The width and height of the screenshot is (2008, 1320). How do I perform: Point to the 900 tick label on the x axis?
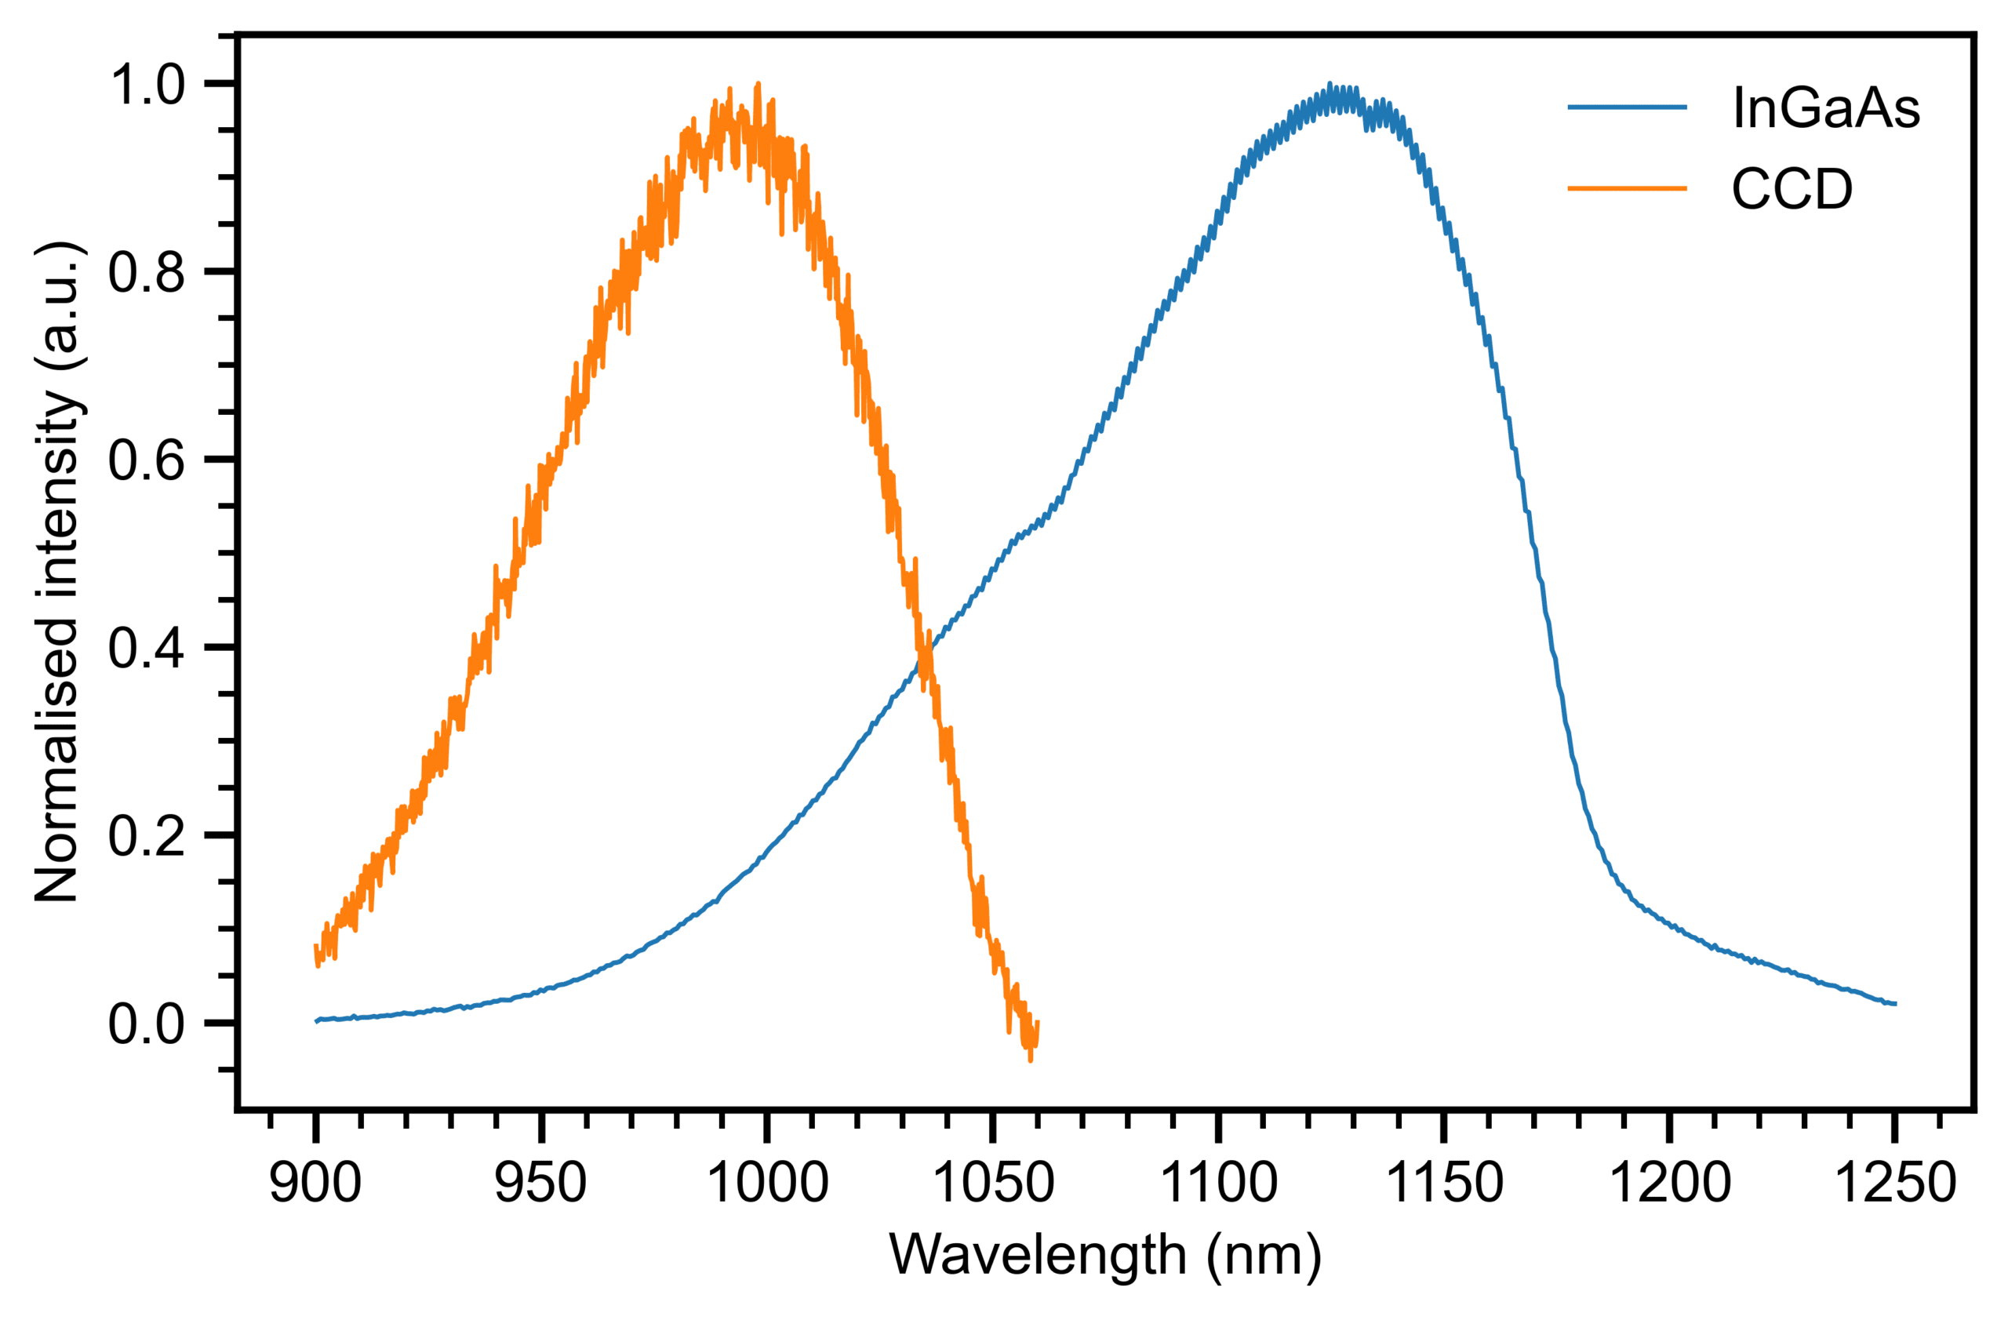(315, 1183)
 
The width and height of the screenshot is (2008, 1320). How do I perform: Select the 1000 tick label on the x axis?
(766, 1183)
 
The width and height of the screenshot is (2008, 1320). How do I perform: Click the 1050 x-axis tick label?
(994, 1183)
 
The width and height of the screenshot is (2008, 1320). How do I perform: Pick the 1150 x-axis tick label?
(1444, 1183)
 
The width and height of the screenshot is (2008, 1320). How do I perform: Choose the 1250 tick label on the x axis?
(1895, 1183)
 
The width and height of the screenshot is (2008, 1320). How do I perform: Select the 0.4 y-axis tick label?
(146, 649)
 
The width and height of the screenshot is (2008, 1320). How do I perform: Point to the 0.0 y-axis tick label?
(146, 1025)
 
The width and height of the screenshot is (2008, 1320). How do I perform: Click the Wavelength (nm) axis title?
(1105, 1256)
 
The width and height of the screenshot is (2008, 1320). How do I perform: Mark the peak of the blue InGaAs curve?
(1330, 85)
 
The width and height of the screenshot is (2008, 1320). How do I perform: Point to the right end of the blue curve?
(1895, 1004)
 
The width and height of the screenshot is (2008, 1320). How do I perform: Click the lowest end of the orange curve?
(1030, 1060)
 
